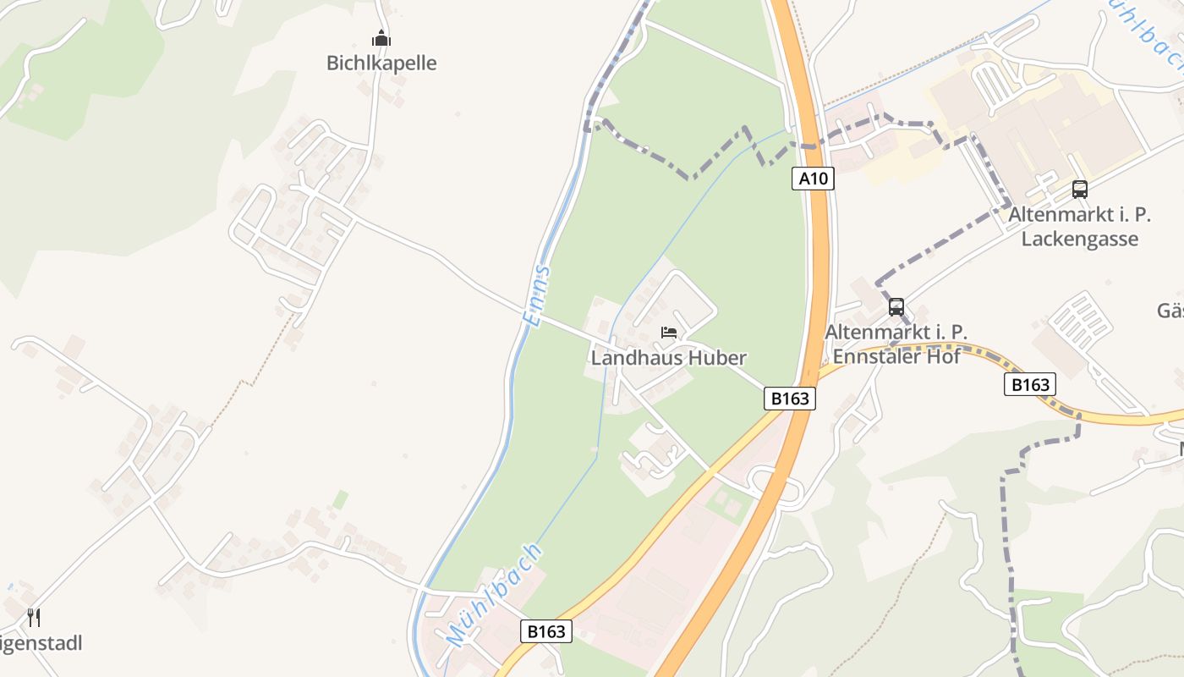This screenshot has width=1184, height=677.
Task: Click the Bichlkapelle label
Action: tap(381, 63)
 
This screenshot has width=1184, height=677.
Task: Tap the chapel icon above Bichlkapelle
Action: tap(381, 38)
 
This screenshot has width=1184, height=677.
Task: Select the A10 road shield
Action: tap(814, 179)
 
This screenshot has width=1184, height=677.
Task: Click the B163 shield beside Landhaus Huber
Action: tap(790, 399)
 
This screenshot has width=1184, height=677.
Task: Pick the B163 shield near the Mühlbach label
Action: tap(545, 631)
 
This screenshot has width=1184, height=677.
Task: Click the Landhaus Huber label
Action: tap(668, 358)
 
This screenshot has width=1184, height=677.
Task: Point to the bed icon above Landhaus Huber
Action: tap(669, 333)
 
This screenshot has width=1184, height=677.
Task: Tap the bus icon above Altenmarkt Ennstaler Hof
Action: tap(896, 306)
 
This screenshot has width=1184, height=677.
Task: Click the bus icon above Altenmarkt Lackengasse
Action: tap(1079, 190)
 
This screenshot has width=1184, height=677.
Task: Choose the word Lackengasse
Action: tap(1079, 239)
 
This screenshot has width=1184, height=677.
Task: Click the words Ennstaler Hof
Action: tap(896, 356)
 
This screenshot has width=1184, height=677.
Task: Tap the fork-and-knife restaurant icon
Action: tap(34, 617)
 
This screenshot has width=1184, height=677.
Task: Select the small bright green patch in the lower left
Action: tap(340, 499)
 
